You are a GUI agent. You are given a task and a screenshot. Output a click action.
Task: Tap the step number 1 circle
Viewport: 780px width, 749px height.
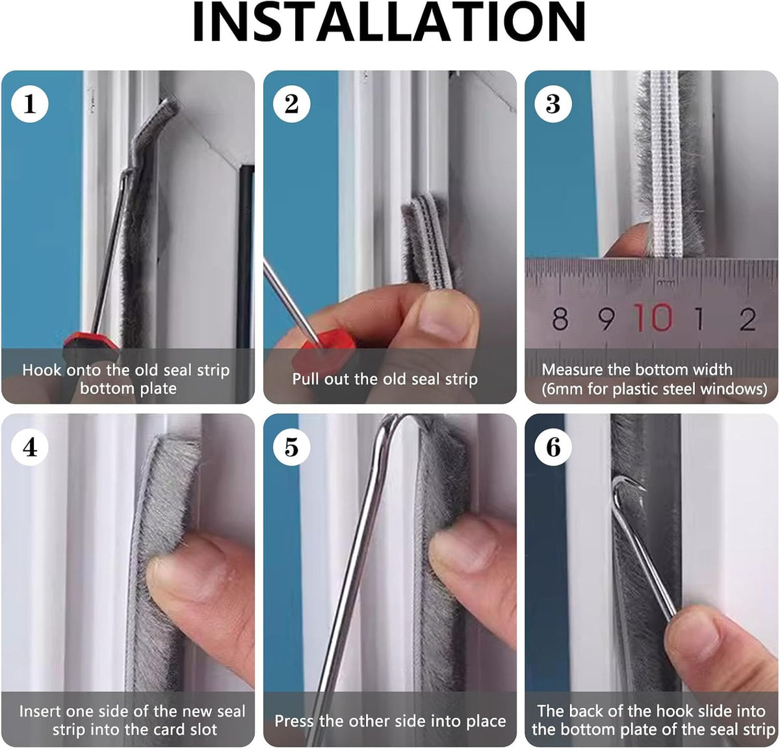[30, 104]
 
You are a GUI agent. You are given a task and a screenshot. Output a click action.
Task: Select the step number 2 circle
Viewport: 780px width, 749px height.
[291, 104]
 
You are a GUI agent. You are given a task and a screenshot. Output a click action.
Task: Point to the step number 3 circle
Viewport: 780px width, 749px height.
[553, 104]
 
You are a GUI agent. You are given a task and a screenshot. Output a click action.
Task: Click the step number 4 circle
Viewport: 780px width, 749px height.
[30, 447]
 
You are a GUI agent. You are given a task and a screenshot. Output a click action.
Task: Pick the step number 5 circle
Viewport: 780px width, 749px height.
[291, 447]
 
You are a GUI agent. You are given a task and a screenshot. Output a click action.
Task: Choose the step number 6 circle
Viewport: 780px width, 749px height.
[553, 447]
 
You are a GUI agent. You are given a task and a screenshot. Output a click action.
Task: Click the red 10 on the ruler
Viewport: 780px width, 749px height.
[653, 317]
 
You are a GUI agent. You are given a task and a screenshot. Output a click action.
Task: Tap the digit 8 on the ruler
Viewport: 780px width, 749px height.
[560, 319]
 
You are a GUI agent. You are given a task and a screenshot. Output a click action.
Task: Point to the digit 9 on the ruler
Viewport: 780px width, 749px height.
[606, 319]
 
